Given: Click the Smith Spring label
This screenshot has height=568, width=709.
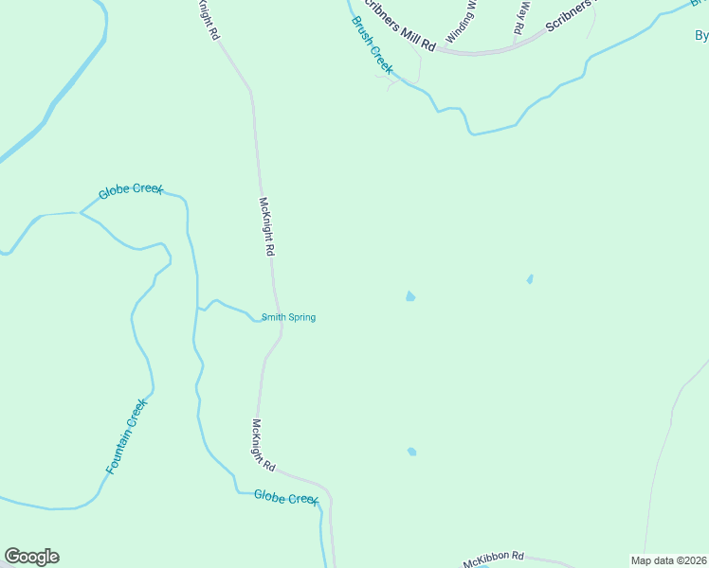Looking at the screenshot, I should tap(288, 317).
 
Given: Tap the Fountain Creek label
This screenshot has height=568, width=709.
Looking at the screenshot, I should tap(127, 436).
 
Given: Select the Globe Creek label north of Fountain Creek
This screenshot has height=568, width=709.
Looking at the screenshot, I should tap(131, 190).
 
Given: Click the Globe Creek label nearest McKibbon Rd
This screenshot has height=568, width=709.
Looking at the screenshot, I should tap(285, 497).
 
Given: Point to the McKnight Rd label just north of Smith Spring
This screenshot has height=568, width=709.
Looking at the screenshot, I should tap(267, 227).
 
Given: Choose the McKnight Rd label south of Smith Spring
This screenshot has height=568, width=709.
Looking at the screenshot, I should tap(263, 445).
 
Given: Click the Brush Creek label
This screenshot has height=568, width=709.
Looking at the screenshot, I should tap(372, 44).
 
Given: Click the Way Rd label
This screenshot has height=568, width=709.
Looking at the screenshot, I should tap(520, 18).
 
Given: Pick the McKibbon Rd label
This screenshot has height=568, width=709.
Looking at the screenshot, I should tap(493, 559).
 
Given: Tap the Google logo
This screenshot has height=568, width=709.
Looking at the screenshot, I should tap(31, 557).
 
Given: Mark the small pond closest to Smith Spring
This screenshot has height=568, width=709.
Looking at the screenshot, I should tap(409, 296).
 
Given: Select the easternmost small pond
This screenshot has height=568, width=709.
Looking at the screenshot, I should tap(530, 279).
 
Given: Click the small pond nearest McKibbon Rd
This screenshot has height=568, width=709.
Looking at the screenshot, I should tap(411, 452).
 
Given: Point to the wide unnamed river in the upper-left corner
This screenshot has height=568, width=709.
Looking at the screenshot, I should tap(57, 95).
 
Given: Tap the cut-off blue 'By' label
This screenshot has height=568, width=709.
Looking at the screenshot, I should tap(701, 36).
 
